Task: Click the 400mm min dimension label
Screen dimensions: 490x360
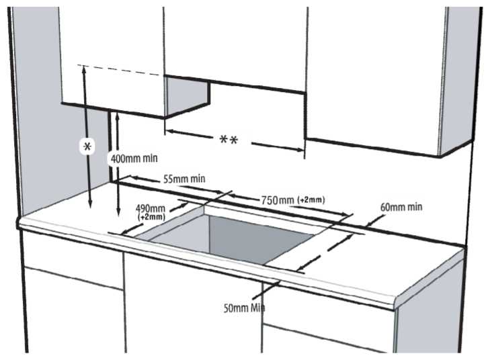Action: pyautogui.click(x=134, y=159)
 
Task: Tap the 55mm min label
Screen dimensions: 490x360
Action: pyautogui.click(x=184, y=179)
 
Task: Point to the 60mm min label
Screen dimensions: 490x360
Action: pyautogui.click(x=401, y=207)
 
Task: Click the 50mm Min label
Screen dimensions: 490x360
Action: pyautogui.click(x=244, y=308)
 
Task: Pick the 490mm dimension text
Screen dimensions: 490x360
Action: pyautogui.click(x=151, y=208)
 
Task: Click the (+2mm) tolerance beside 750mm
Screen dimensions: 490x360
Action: pyautogui.click(x=311, y=199)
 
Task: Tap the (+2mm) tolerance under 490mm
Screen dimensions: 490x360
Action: pyautogui.click(x=151, y=217)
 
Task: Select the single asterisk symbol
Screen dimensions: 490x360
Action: pyautogui.click(x=88, y=146)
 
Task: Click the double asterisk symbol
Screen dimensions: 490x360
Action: pyautogui.click(x=229, y=140)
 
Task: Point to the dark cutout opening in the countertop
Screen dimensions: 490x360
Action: pyautogui.click(x=232, y=238)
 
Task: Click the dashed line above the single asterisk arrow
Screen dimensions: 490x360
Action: pyautogui.click(x=121, y=71)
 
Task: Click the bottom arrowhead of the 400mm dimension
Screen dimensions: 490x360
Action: pyautogui.click(x=118, y=212)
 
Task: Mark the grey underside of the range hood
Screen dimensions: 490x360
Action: pyautogui.click(x=187, y=97)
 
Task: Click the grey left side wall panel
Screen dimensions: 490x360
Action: pyautogui.click(x=38, y=109)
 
